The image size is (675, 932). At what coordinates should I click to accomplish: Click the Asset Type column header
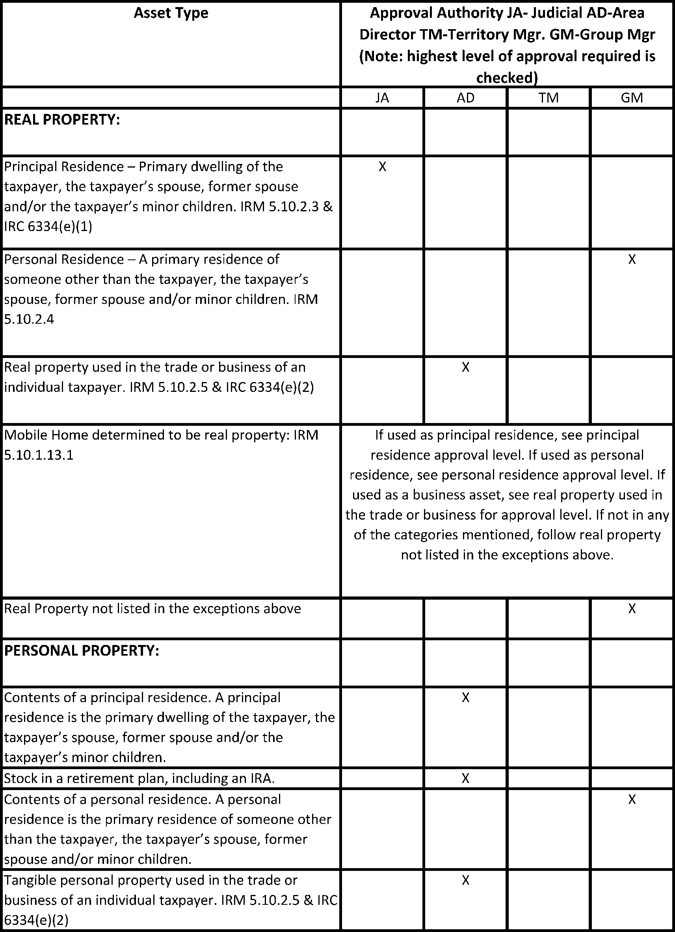[171, 13]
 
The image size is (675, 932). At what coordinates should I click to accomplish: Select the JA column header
[382, 98]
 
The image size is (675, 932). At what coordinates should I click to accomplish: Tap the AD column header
[465, 98]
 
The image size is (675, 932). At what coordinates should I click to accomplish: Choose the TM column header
[549, 98]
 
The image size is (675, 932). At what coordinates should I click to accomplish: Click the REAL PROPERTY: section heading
[62, 119]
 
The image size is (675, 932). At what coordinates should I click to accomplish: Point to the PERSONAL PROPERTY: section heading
[81, 651]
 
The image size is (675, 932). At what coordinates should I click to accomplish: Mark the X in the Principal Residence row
[382, 166]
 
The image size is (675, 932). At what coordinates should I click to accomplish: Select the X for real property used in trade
[465, 367]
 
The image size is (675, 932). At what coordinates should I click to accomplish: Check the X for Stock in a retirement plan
[465, 778]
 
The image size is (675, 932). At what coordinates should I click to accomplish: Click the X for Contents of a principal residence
[465, 697]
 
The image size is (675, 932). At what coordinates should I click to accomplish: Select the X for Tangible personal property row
[465, 880]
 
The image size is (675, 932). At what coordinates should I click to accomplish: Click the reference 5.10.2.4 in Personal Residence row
[29, 319]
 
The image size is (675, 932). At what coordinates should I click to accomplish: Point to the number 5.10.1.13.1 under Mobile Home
[39, 455]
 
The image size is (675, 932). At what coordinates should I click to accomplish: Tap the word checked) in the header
[507, 78]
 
